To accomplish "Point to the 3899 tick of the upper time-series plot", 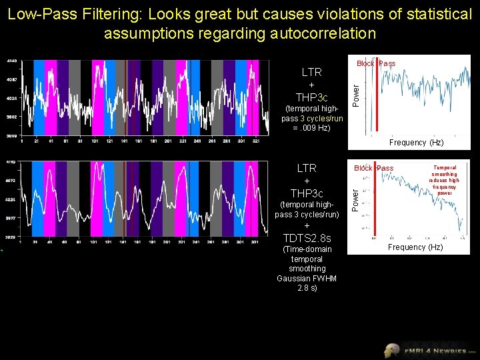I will [11, 135].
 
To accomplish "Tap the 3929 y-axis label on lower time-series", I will [11, 237].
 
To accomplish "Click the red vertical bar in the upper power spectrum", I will [377, 97].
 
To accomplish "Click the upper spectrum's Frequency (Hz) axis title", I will [417, 143].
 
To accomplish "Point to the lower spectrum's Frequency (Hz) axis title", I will [417, 247].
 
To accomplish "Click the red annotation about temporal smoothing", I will [445, 180].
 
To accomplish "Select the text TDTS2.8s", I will [307, 238].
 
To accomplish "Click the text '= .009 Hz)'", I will [311, 127].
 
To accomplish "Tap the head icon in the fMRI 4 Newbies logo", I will [393, 350].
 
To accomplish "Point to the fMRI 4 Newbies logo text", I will [440, 350].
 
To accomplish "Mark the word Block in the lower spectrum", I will [364, 168].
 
